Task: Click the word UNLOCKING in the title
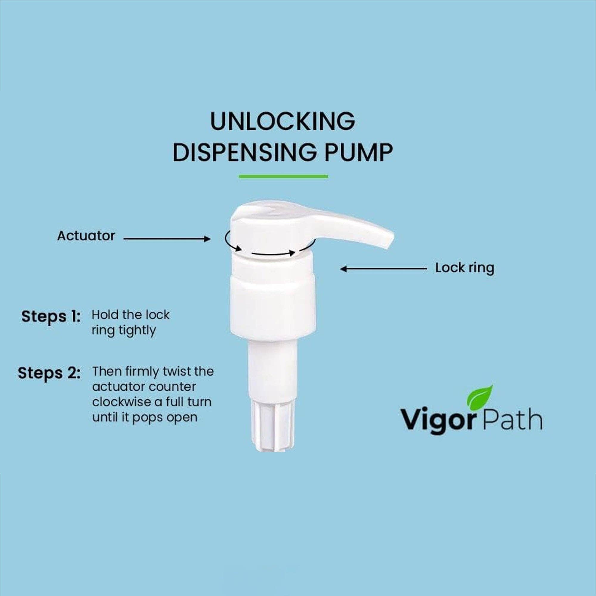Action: (x=282, y=121)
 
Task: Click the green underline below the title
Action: (x=283, y=176)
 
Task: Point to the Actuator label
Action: (x=86, y=236)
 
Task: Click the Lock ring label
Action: (x=464, y=268)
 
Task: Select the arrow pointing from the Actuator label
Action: (x=167, y=239)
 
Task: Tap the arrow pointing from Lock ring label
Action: (x=384, y=269)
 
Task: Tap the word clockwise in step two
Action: (x=114, y=402)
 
